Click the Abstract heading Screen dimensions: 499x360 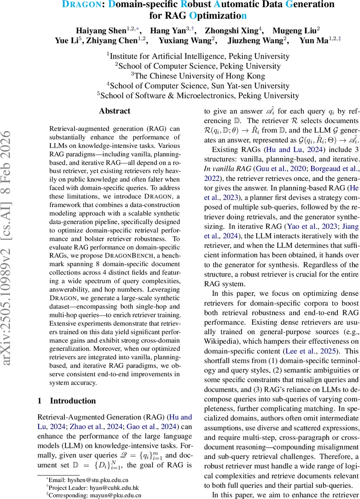(114, 111)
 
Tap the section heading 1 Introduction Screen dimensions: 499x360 (67, 401)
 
